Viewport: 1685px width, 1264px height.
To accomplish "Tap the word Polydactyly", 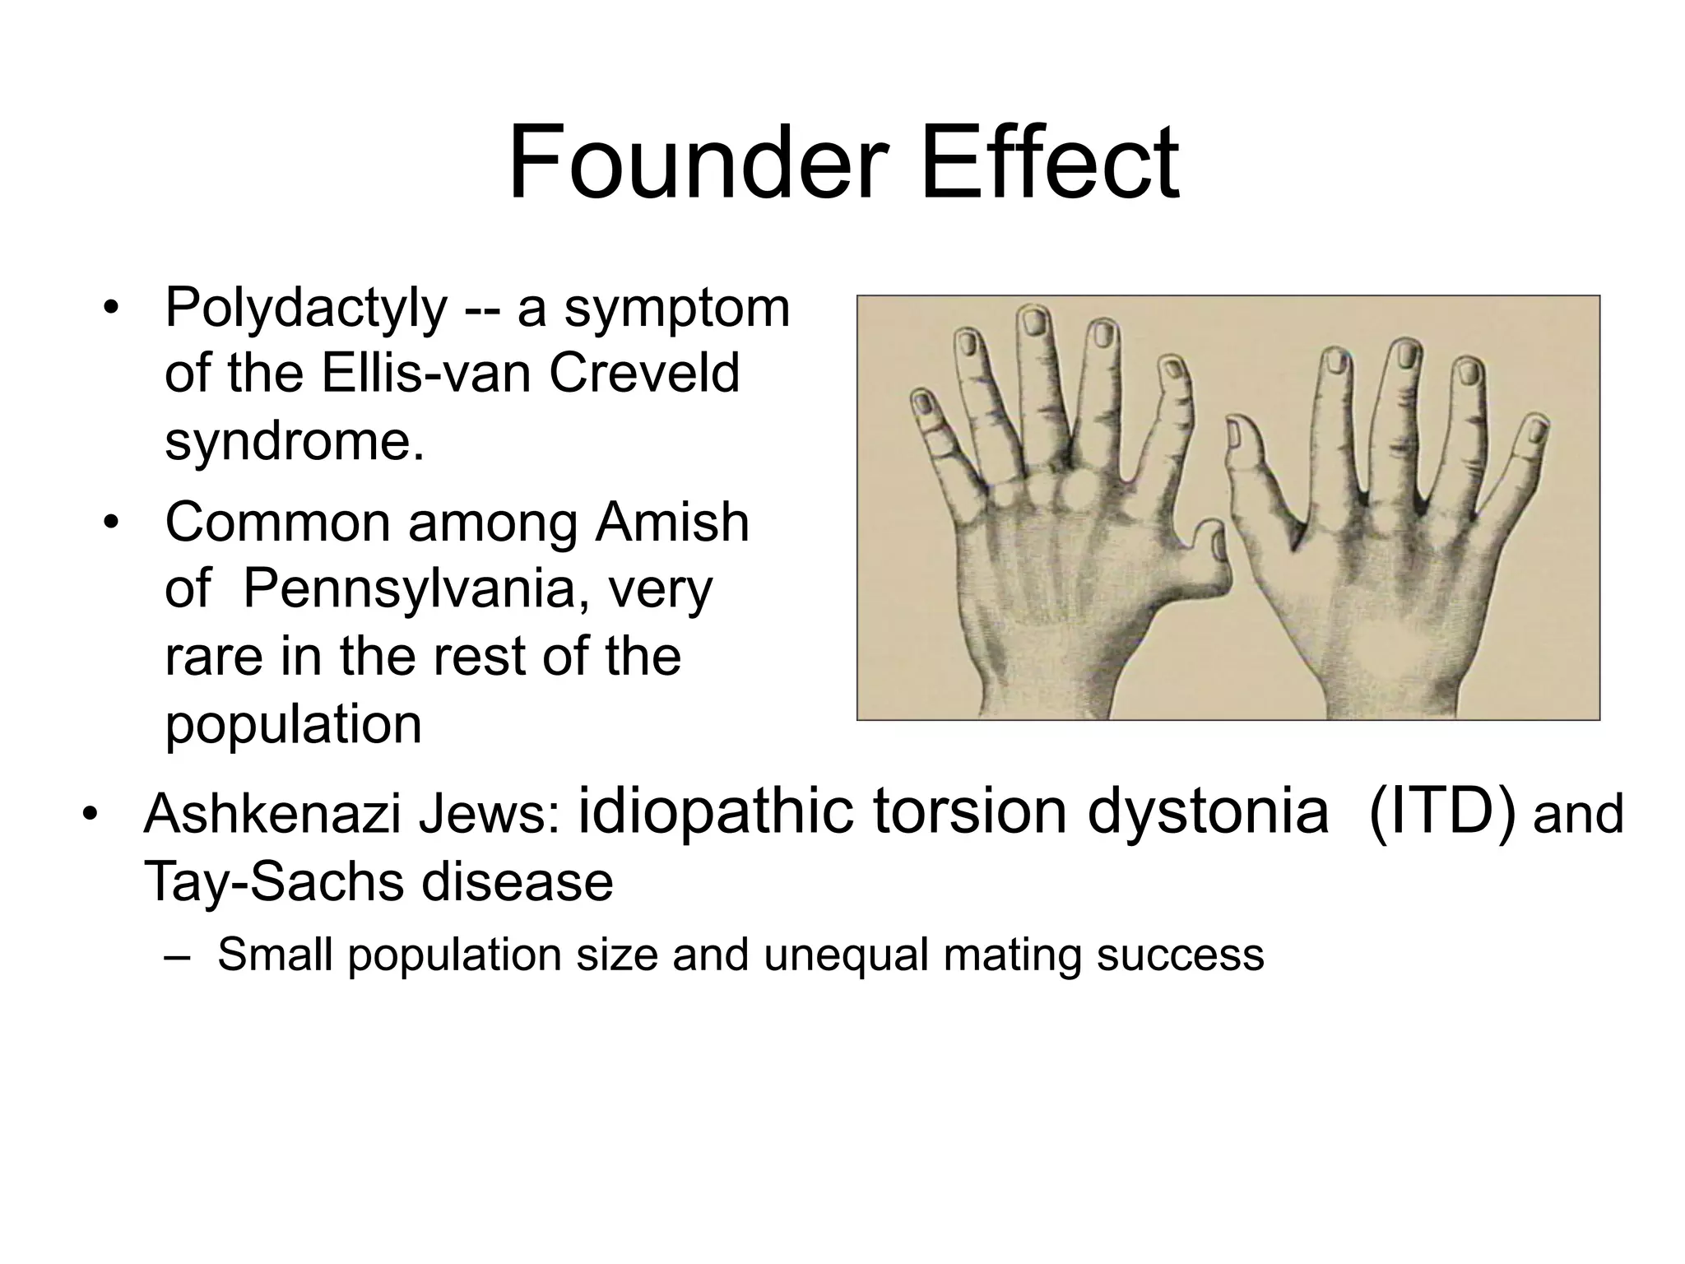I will pyautogui.click(x=305, y=308).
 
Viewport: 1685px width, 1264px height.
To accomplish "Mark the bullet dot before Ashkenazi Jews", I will pyautogui.click(x=89, y=815).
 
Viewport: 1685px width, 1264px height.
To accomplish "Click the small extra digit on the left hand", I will pyautogui.click(x=1208, y=546).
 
